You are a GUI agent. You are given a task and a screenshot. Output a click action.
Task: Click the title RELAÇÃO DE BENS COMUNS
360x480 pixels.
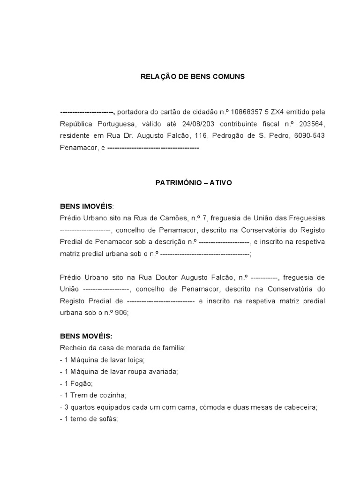pos(193,76)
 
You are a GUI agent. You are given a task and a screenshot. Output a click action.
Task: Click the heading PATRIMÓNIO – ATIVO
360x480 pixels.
pos(194,183)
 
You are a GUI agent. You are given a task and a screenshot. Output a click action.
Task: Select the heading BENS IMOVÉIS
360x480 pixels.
pos(86,206)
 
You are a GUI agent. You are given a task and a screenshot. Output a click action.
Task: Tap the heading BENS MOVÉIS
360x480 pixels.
pos(86,337)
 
